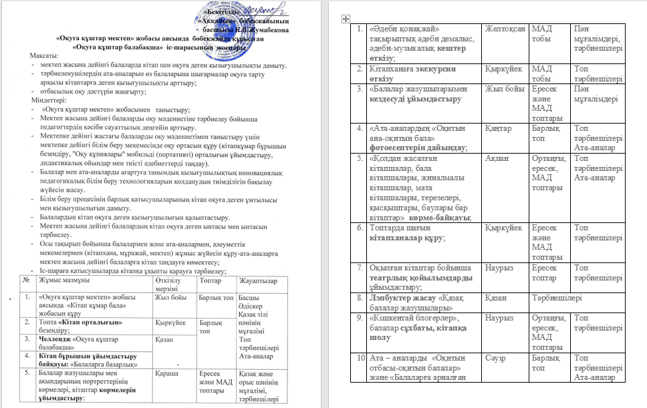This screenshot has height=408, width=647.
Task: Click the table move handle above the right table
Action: [x=346, y=19]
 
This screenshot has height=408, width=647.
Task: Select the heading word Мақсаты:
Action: [x=44, y=55]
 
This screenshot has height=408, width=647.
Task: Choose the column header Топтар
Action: [x=210, y=282]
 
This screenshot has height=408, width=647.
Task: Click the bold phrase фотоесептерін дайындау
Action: [x=417, y=146]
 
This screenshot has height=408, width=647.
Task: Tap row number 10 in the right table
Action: [x=359, y=359]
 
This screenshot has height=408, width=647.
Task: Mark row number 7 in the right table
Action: [x=359, y=267]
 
